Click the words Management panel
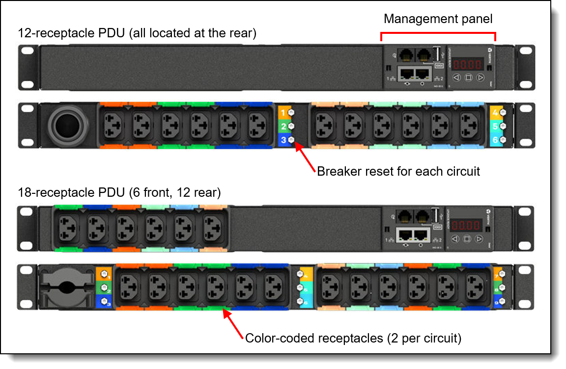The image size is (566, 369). [x=438, y=19]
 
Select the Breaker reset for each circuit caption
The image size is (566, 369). [x=398, y=171]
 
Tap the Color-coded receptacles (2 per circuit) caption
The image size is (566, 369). [x=353, y=338]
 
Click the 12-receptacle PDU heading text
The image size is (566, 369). [x=137, y=33]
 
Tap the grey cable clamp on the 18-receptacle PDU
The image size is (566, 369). [x=67, y=287]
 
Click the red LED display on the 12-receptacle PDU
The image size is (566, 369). [x=467, y=64]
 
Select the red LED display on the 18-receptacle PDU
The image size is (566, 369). [x=467, y=225]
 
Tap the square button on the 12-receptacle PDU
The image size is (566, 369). [x=468, y=78]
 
